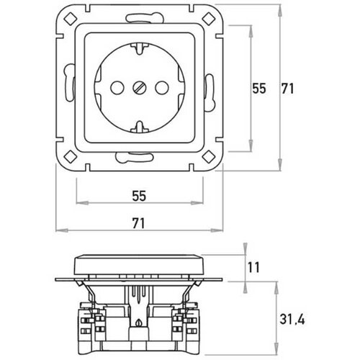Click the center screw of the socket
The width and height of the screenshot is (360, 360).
(139, 88)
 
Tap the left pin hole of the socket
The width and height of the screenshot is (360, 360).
(117, 88)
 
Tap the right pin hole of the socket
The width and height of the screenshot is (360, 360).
(162, 88)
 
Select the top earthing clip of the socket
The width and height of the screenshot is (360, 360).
(140, 48)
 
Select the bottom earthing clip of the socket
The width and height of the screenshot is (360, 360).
(140, 127)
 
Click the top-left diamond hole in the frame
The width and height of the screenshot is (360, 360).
(71, 19)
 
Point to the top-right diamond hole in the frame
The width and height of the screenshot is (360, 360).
(208, 19)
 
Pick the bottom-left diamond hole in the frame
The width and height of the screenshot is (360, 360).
(71, 157)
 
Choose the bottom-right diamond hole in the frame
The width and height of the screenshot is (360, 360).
(208, 157)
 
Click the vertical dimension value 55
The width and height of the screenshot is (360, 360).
(259, 89)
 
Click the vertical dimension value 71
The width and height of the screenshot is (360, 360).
(287, 89)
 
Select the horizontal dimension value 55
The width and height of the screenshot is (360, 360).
(139, 196)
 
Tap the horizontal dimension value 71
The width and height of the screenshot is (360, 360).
(139, 223)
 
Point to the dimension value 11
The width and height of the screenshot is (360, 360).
(253, 268)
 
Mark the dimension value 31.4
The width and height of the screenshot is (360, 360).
(292, 320)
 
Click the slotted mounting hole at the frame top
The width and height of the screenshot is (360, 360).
(144, 18)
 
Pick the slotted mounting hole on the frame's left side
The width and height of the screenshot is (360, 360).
(69, 82)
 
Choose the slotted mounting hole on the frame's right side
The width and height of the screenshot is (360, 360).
(209, 93)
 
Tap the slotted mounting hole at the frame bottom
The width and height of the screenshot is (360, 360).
(135, 157)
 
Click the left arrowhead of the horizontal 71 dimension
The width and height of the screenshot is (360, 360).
(62, 230)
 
